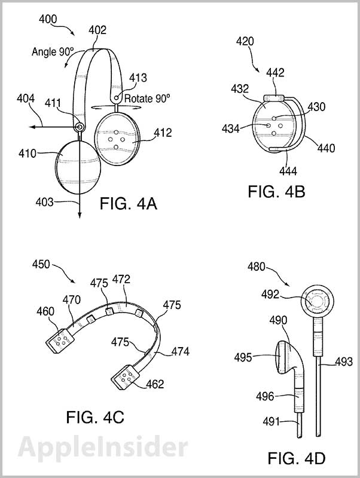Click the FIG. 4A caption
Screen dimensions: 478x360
coord(127,204)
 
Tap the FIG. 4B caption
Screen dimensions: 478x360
coord(277,192)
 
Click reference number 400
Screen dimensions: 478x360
coord(48,19)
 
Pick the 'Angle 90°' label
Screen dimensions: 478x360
coord(53,52)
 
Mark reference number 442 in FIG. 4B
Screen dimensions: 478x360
coord(276,72)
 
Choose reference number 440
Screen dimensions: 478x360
coord(327,148)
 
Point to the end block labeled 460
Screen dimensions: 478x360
coord(60,339)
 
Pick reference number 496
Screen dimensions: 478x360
coord(265,396)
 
